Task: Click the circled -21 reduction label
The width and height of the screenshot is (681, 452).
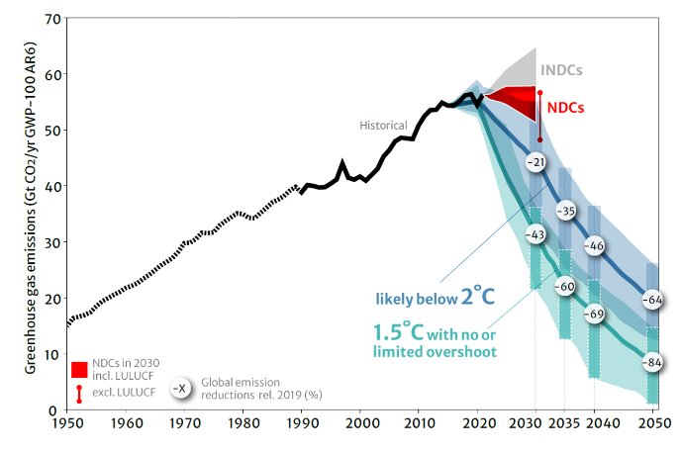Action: (x=535, y=161)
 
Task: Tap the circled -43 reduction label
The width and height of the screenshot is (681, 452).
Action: (x=535, y=234)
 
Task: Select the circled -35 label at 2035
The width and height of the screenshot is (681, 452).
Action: (x=566, y=211)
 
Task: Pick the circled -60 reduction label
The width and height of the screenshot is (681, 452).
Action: (x=566, y=287)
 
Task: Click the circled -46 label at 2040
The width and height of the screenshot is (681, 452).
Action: (x=595, y=245)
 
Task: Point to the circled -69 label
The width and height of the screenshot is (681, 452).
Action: (x=595, y=314)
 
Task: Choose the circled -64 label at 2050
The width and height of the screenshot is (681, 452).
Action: (x=652, y=299)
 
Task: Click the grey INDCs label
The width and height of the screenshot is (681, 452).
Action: (x=560, y=71)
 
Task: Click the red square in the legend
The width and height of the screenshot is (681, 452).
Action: (x=79, y=370)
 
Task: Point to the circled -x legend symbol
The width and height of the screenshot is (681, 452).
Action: (x=180, y=388)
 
